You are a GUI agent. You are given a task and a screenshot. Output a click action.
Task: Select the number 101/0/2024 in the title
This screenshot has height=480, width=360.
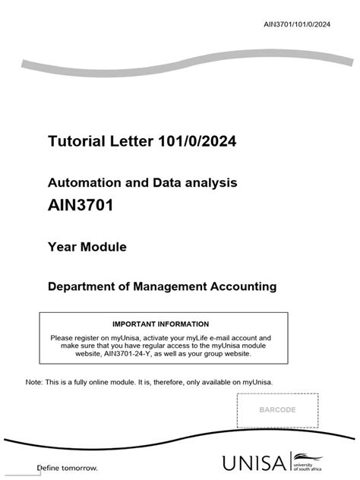tap(193, 141)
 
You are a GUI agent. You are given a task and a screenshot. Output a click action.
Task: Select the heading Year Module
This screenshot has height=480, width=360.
tap(87, 246)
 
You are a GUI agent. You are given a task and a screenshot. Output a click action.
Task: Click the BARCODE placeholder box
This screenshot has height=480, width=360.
tap(277, 410)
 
